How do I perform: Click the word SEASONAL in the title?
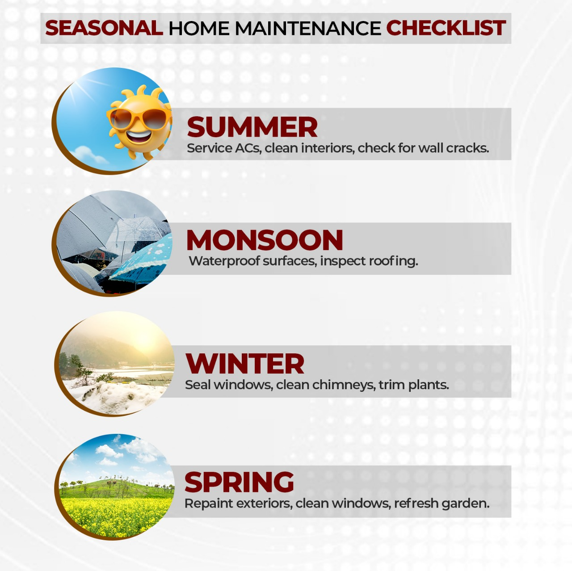tap(104, 28)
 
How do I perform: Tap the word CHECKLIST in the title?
tap(446, 28)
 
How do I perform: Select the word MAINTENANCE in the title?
tap(307, 29)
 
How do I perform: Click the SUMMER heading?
tap(252, 127)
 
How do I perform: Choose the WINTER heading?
tap(245, 364)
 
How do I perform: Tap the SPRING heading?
tap(239, 483)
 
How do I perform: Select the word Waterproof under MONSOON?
tap(224, 261)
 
